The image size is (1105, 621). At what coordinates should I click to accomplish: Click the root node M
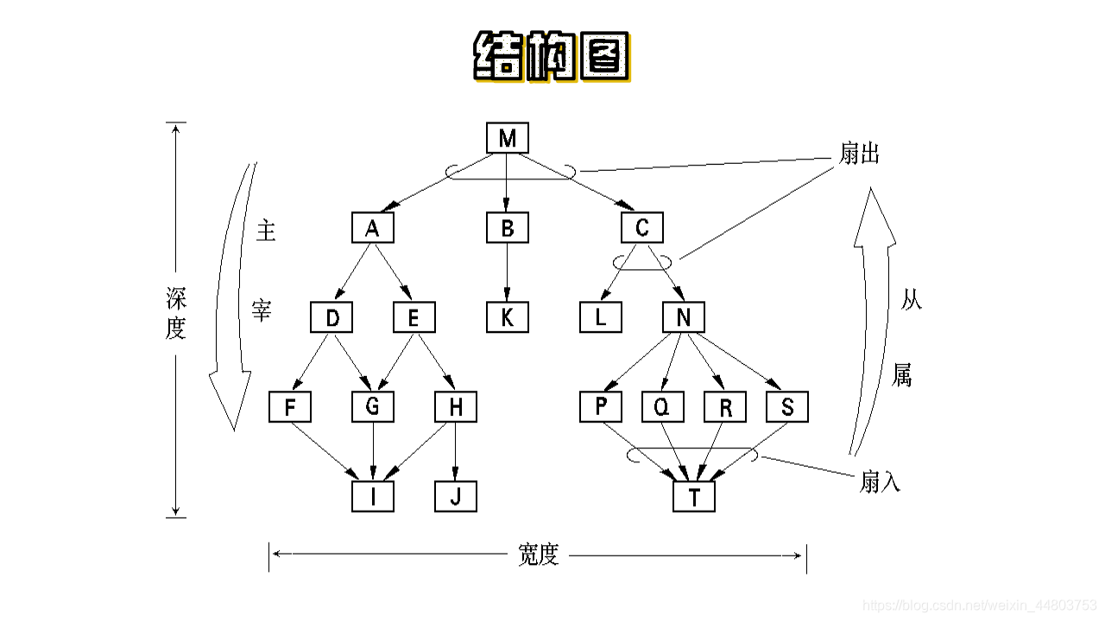(508, 139)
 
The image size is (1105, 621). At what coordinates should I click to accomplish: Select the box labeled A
(373, 229)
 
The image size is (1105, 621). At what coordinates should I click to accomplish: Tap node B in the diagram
(508, 229)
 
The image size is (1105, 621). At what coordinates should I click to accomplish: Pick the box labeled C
(642, 229)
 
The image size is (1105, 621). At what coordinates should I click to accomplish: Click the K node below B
(508, 318)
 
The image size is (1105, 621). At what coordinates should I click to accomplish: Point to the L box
(602, 318)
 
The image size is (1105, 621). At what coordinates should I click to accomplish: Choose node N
(684, 318)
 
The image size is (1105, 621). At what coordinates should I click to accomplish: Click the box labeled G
(373, 407)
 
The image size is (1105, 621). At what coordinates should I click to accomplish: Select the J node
(456, 497)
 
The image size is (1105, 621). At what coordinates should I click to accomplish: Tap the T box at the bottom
(694, 497)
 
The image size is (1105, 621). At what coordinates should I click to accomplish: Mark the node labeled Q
(663, 407)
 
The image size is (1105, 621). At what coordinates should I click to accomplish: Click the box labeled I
(373, 497)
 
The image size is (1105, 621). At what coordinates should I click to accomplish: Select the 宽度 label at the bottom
(539, 555)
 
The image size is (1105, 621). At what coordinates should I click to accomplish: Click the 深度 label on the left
(176, 314)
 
